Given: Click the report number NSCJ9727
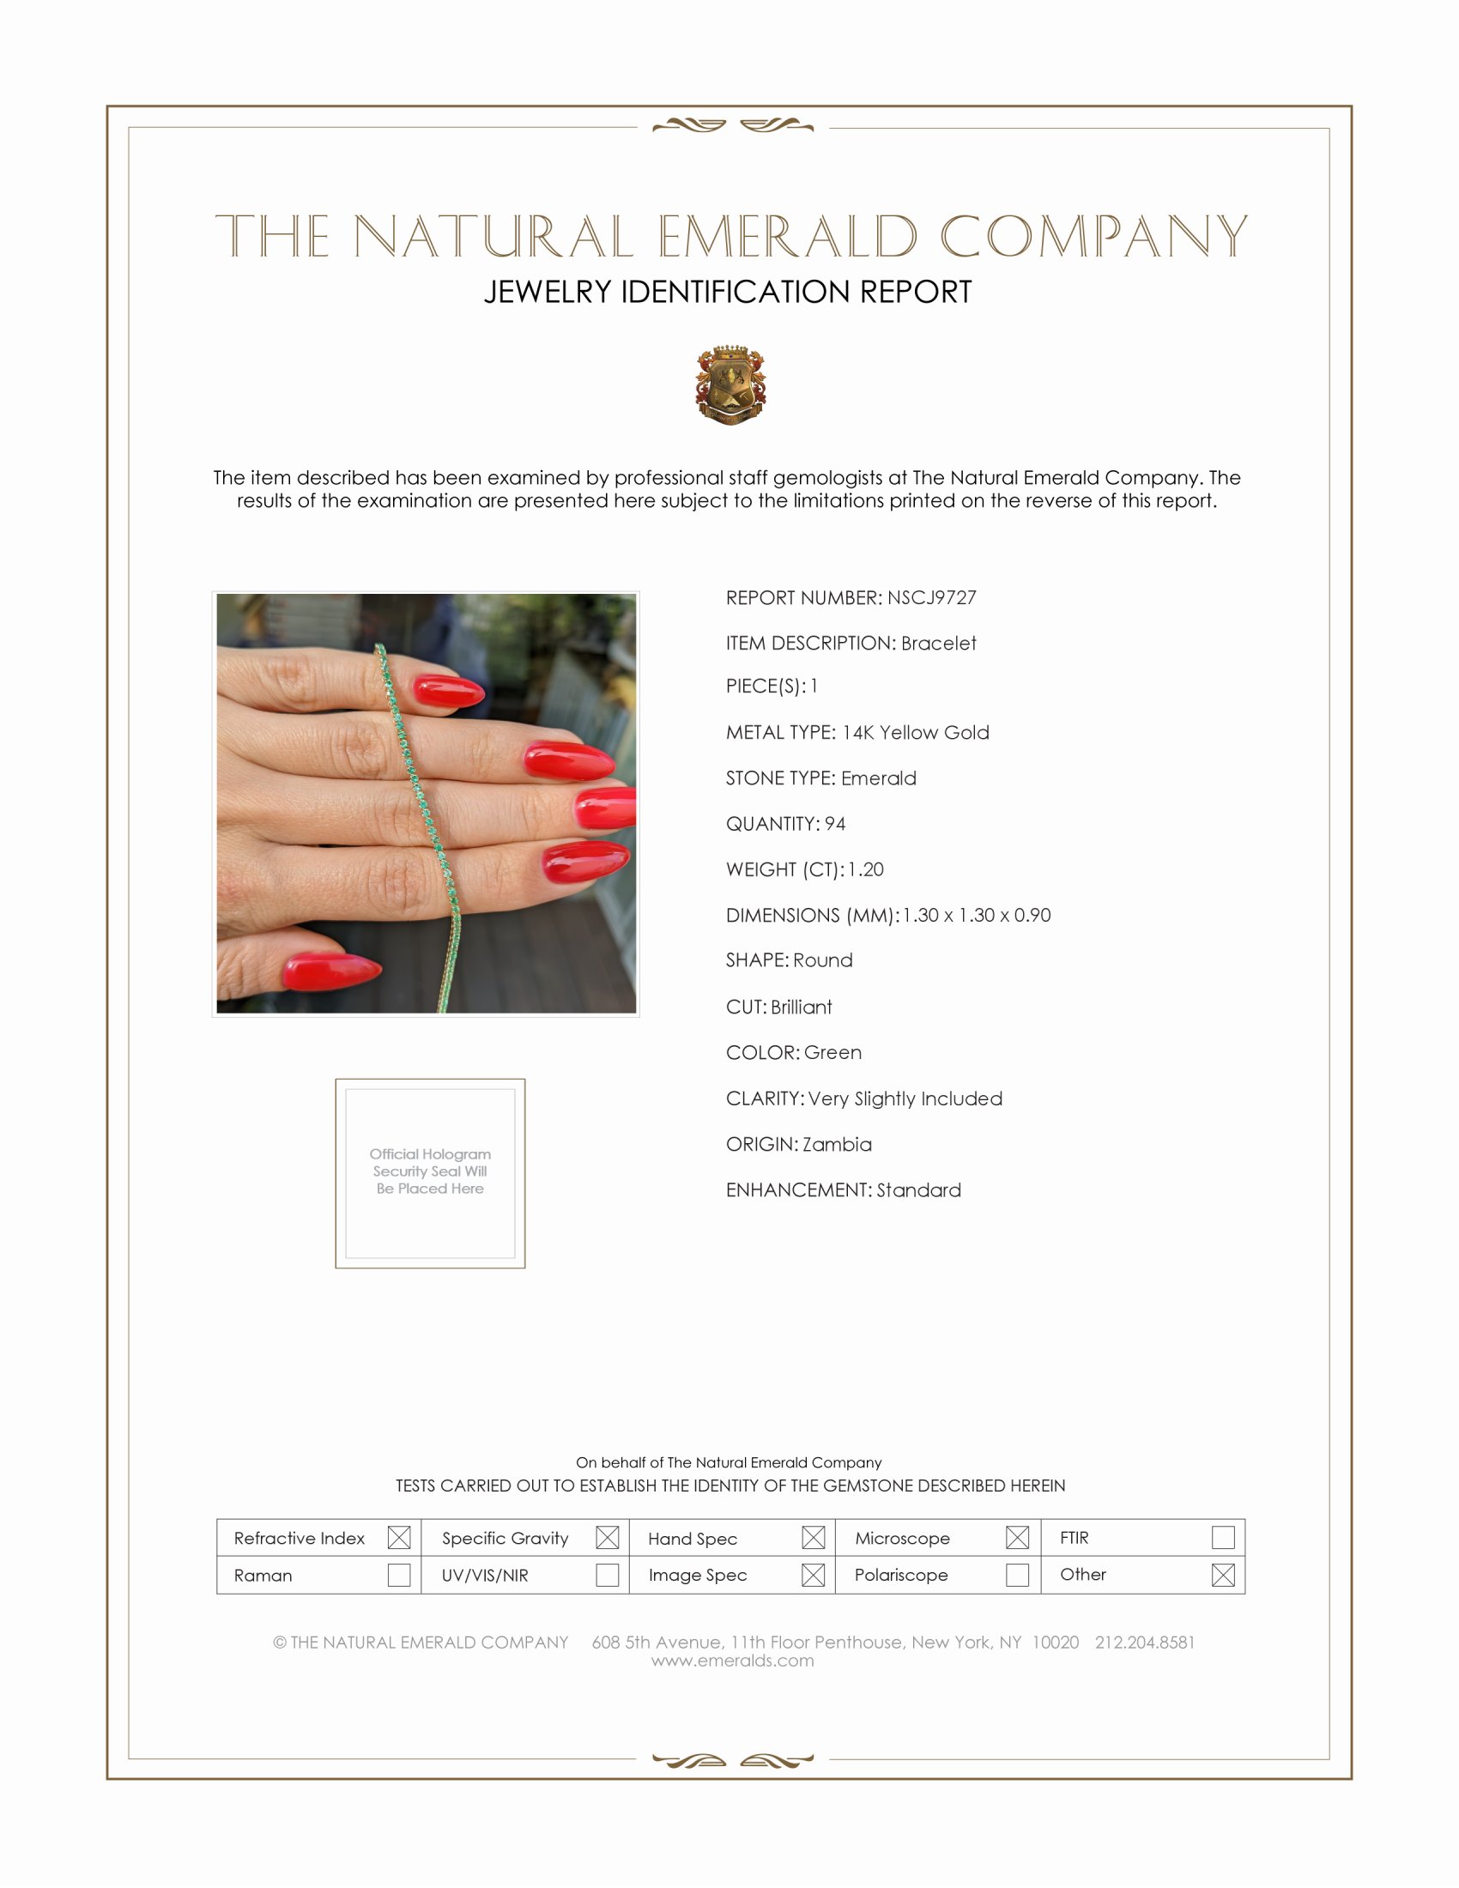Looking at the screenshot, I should pyautogui.click(x=931, y=598).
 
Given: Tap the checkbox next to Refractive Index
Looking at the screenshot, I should pyautogui.click(x=398, y=1538).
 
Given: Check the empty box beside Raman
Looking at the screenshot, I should pyautogui.click(x=398, y=1575).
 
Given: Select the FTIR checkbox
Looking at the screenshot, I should pyautogui.click(x=1223, y=1538).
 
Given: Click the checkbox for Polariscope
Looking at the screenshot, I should pyautogui.click(x=1017, y=1575).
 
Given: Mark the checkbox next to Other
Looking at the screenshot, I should pyautogui.click(x=1223, y=1575).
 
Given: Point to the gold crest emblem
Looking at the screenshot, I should pyautogui.click(x=730, y=384).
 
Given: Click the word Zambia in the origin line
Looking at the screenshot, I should pyautogui.click(x=837, y=1145).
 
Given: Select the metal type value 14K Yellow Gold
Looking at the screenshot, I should pyautogui.click(x=916, y=733).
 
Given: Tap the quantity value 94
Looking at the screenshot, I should pyautogui.click(x=835, y=824).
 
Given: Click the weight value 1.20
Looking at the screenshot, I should pyautogui.click(x=865, y=869).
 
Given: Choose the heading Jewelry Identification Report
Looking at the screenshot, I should pyautogui.click(x=728, y=292).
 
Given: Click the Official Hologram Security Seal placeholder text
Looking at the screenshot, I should pyautogui.click(x=430, y=1171).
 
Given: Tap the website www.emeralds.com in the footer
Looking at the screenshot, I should pyautogui.click(x=732, y=1661).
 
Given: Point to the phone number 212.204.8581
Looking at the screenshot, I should pyautogui.click(x=1144, y=1643).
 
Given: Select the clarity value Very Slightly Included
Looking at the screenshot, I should pyautogui.click(x=905, y=1098).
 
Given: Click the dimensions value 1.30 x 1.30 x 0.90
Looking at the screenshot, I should pyautogui.click(x=977, y=916).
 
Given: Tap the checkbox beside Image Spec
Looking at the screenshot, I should pyautogui.click(x=813, y=1575).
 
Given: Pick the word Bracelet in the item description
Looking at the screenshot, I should pyautogui.click(x=938, y=643).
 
